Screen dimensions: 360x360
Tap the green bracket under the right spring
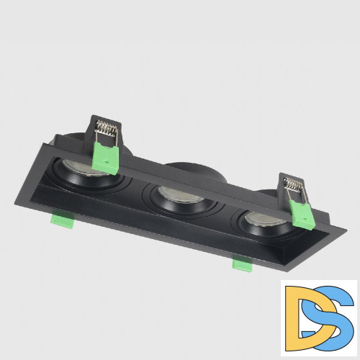(300, 212)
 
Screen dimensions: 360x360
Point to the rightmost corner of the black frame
(346, 232)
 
